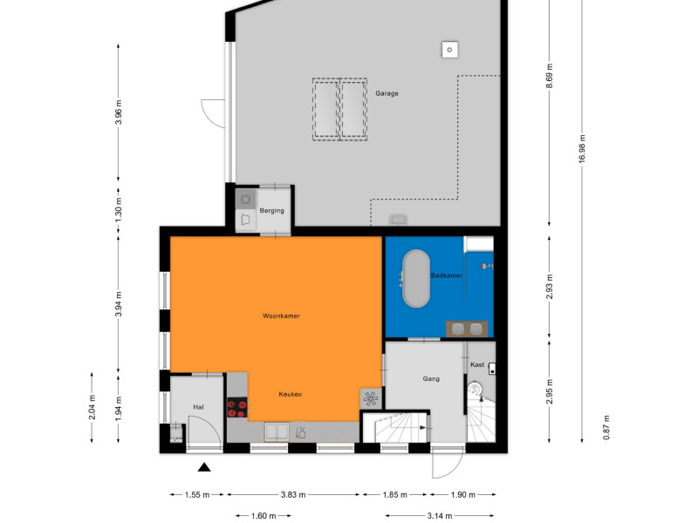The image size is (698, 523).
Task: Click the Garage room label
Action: (387, 93)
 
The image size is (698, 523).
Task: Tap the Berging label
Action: (271, 210)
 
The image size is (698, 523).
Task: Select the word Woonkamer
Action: (281, 316)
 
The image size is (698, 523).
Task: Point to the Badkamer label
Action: (446, 275)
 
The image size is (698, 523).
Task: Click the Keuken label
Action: (291, 394)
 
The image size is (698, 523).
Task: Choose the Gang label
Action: (431, 379)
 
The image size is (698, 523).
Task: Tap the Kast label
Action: (477, 364)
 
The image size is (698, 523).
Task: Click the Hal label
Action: (198, 407)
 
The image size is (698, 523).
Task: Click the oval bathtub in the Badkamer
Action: (416, 278)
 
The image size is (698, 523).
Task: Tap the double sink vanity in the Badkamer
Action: (467, 329)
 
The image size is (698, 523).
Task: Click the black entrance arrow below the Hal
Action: (204, 467)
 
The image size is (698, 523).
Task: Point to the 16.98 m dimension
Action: (582, 148)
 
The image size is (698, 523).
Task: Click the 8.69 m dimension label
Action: (550, 76)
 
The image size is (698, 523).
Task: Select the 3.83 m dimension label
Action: (293, 494)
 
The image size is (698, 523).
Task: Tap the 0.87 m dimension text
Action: (606, 427)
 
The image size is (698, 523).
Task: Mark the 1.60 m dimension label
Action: (263, 516)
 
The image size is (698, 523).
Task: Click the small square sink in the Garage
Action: (449, 50)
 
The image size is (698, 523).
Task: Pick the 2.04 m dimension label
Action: (92, 407)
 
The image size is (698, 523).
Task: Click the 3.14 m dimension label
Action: (440, 516)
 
